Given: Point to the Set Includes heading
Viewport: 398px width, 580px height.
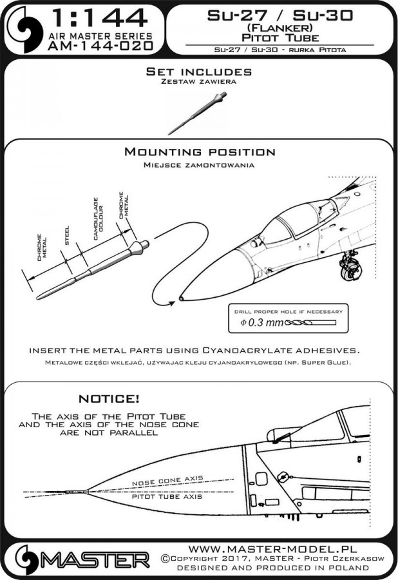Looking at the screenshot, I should pos(198,72).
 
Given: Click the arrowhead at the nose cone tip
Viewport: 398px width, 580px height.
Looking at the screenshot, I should pos(173,299).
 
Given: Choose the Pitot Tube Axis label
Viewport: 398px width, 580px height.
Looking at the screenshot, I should pos(167,497).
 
